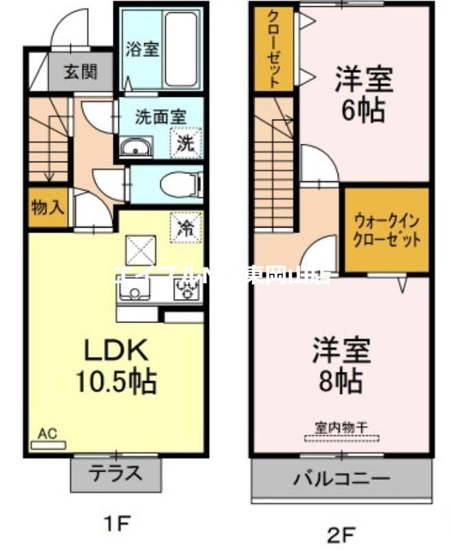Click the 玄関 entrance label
[81, 71]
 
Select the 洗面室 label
[160, 116]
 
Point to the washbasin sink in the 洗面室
[137, 146]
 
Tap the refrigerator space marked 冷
[185, 228]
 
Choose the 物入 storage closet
[47, 207]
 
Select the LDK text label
[115, 350]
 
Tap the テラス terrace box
[116, 473]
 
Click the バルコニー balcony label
[343, 478]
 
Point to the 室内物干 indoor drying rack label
[342, 427]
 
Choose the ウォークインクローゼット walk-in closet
[386, 230]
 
